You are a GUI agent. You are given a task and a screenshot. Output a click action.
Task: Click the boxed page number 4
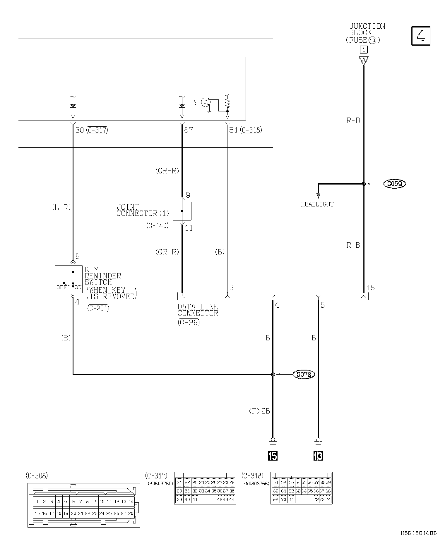[x=421, y=36]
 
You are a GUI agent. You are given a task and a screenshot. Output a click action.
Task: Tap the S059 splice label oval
[x=395, y=184]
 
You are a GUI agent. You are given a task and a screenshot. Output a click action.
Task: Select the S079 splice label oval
[x=304, y=374]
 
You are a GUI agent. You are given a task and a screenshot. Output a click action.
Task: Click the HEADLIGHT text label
[x=317, y=204]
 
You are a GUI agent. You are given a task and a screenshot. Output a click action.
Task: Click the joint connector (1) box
[x=182, y=211]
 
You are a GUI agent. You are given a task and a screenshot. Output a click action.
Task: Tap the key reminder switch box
[x=69, y=279]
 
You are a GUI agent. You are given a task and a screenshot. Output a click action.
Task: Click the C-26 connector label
[x=189, y=322]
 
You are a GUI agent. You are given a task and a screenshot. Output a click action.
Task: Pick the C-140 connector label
[x=158, y=225]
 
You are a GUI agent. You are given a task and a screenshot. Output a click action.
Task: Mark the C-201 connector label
[x=98, y=308]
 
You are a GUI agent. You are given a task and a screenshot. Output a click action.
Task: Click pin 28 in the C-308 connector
[x=131, y=513]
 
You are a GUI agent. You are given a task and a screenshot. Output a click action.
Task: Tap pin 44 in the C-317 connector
[x=232, y=499]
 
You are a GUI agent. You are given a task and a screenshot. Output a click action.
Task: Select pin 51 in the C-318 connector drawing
[x=275, y=483]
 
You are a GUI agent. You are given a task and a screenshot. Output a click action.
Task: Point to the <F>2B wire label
[x=259, y=411]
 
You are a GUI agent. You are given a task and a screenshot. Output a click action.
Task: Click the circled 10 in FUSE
[x=372, y=40]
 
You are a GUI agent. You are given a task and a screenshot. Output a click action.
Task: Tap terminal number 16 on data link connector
[x=370, y=287]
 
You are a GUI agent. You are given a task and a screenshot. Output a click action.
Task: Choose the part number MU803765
[x=160, y=483]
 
